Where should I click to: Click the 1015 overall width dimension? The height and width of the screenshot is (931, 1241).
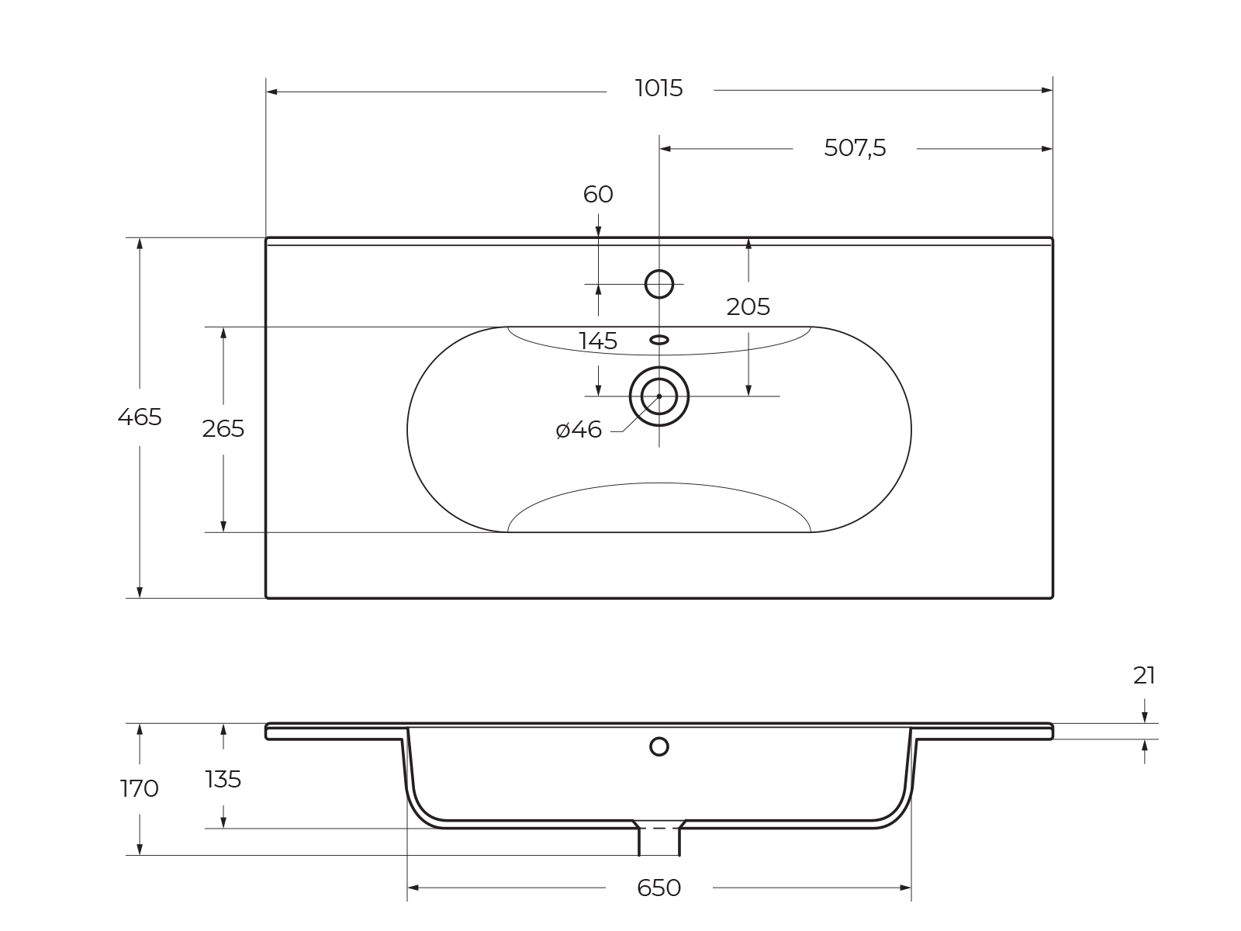pyautogui.click(x=659, y=88)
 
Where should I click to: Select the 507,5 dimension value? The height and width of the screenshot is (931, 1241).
pyautogui.click(x=855, y=148)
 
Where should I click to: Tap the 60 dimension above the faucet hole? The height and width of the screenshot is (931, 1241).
pyautogui.click(x=597, y=195)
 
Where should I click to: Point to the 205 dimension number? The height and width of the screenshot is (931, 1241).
pyautogui.click(x=748, y=307)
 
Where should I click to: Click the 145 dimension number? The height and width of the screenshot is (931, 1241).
pyautogui.click(x=597, y=341)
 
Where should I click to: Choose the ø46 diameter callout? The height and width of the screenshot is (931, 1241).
pyautogui.click(x=579, y=430)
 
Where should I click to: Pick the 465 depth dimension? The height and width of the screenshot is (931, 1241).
pyautogui.click(x=140, y=417)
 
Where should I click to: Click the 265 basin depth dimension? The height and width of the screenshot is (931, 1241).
pyautogui.click(x=223, y=429)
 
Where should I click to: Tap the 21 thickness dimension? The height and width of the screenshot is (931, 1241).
pyautogui.click(x=1144, y=676)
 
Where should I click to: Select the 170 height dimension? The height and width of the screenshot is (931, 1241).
pyautogui.click(x=139, y=788)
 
